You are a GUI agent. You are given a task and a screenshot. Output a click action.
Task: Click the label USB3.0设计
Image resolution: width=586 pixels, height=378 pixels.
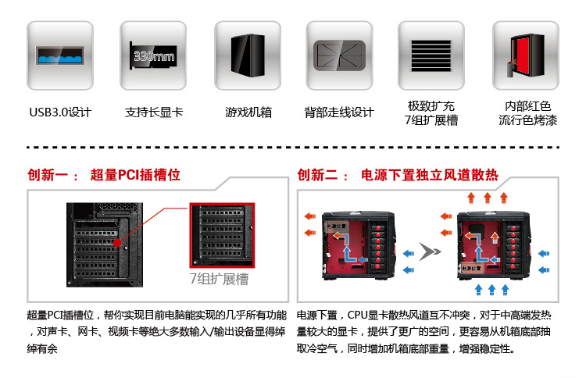(x=60, y=112)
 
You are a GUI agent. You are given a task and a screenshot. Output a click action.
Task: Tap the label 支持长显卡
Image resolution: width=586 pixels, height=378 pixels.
(x=154, y=112)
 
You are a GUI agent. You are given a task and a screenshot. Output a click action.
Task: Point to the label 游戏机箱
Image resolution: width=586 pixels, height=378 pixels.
(x=248, y=112)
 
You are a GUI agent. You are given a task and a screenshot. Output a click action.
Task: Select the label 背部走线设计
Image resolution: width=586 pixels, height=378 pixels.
(x=339, y=112)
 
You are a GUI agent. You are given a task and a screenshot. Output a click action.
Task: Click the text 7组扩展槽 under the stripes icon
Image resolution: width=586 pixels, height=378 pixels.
(x=431, y=120)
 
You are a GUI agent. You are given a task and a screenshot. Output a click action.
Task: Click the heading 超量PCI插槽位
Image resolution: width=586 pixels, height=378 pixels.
(x=135, y=175)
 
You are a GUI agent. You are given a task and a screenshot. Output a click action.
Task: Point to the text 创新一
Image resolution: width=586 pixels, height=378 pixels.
(x=48, y=175)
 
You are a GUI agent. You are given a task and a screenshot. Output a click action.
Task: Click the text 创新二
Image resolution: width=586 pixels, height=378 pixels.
(x=319, y=175)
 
